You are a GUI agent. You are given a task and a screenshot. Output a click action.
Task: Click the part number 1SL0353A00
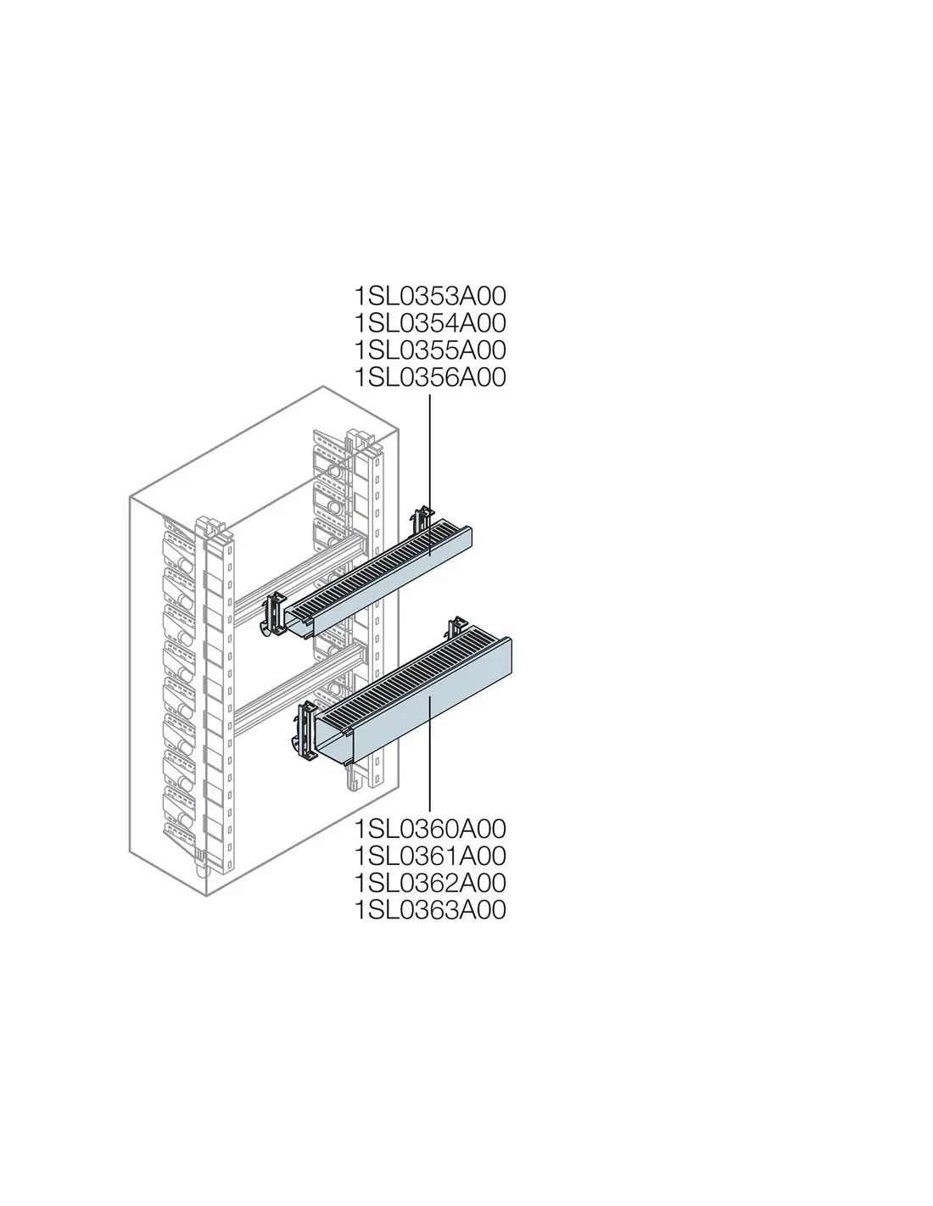[x=430, y=296]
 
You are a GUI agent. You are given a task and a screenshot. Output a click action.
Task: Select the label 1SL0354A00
[x=430, y=323]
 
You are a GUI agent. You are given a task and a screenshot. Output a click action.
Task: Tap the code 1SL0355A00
[x=430, y=350]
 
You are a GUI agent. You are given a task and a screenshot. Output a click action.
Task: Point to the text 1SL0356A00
[x=430, y=377]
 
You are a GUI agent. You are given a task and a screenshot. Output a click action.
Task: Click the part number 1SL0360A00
[x=430, y=829]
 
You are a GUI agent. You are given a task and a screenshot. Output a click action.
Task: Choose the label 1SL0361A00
[x=430, y=856]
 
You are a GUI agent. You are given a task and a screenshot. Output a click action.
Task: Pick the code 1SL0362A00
[x=430, y=883]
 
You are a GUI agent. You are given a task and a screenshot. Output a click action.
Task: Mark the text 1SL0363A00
[x=430, y=910]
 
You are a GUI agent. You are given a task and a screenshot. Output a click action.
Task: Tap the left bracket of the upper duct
[x=274, y=614]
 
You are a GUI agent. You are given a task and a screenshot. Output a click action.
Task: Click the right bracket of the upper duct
[x=422, y=520]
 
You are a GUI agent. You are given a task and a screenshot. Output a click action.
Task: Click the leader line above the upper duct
[x=430, y=475]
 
